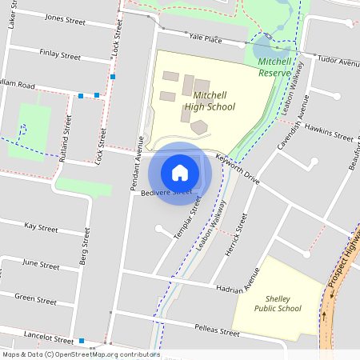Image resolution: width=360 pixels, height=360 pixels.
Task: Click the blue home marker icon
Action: tap(180, 172)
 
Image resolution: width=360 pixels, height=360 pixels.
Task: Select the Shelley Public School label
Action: tap(278, 302)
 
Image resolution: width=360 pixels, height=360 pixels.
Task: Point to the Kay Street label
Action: tap(42, 228)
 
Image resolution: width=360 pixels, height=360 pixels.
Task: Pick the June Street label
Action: tap(41, 264)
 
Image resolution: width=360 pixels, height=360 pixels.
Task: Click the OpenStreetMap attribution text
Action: tap(81, 354)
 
